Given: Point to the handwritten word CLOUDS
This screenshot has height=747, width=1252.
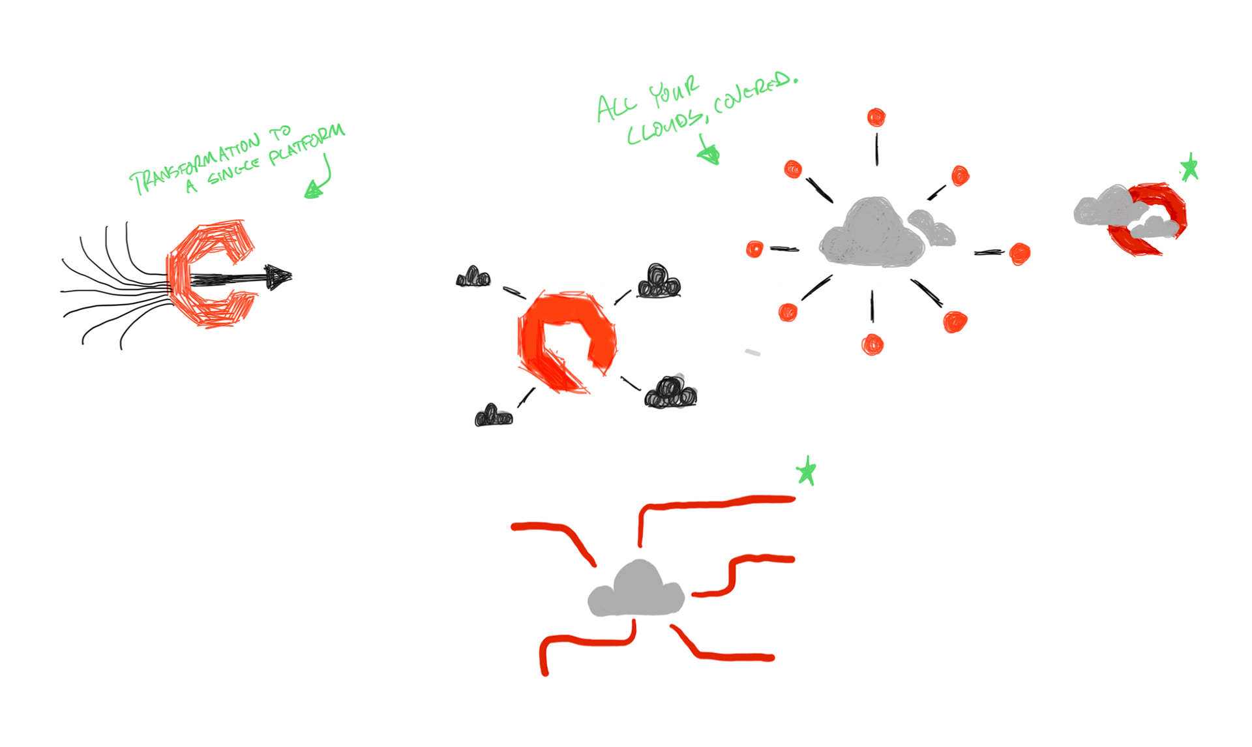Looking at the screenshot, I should tap(665, 129).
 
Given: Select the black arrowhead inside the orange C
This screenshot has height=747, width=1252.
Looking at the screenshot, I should tap(278, 277).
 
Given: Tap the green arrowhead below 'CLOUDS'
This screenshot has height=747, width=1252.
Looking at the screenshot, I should tap(709, 155).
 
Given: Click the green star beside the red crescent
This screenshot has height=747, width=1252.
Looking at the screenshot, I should tap(1189, 168).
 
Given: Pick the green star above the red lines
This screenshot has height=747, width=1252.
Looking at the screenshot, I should tap(807, 471).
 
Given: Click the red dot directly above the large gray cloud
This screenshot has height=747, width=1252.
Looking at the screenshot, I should tap(876, 117).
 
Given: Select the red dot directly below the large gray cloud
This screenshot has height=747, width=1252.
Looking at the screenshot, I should tap(872, 344).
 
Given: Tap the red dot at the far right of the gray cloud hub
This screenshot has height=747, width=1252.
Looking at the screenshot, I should tap(1020, 254).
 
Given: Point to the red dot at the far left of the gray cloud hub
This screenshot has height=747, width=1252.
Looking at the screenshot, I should tap(754, 249).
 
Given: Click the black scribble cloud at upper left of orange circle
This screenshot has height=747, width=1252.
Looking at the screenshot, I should tap(473, 278).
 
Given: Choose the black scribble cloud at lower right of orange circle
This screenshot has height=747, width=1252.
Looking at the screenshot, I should tap(670, 393).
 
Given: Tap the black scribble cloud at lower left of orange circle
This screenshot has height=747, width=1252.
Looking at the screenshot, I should tap(494, 416).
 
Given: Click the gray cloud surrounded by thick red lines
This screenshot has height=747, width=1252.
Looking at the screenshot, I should tap(636, 590).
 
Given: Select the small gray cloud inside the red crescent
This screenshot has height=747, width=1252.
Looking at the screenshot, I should tap(1155, 228).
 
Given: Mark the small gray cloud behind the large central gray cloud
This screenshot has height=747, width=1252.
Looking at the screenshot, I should tap(934, 228).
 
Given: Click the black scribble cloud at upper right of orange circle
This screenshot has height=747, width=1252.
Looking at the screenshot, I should tap(659, 282).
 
